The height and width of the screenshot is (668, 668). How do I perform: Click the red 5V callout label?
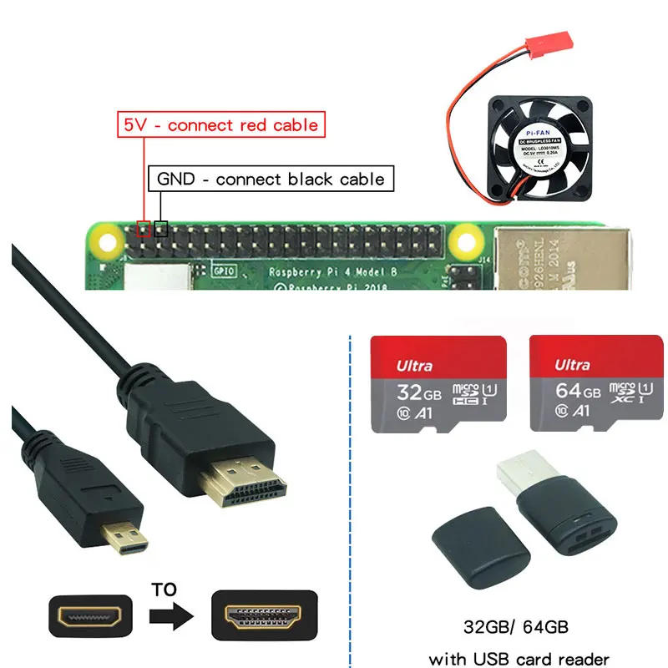(220, 125)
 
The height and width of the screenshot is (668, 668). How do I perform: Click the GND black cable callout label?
(271, 179)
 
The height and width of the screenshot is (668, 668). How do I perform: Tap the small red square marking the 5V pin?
(144, 228)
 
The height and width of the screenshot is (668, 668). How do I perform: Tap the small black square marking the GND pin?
(161, 228)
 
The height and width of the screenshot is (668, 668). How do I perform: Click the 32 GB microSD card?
(438, 384)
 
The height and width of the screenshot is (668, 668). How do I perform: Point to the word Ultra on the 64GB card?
(573, 365)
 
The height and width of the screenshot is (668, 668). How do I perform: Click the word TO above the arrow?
(165, 590)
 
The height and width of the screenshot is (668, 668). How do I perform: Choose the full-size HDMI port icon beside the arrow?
(264, 617)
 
